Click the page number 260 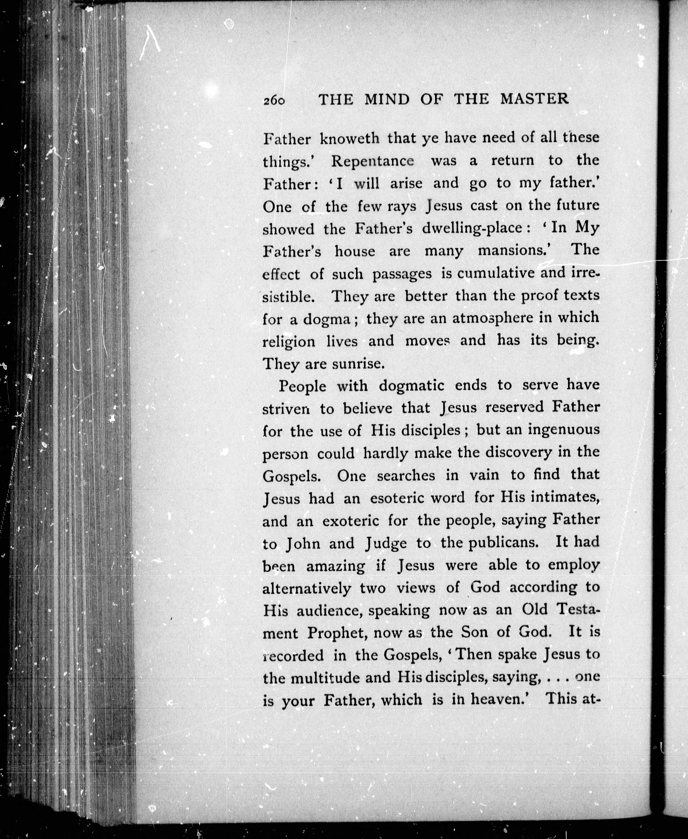274,100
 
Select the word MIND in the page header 387,99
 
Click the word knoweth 350,138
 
